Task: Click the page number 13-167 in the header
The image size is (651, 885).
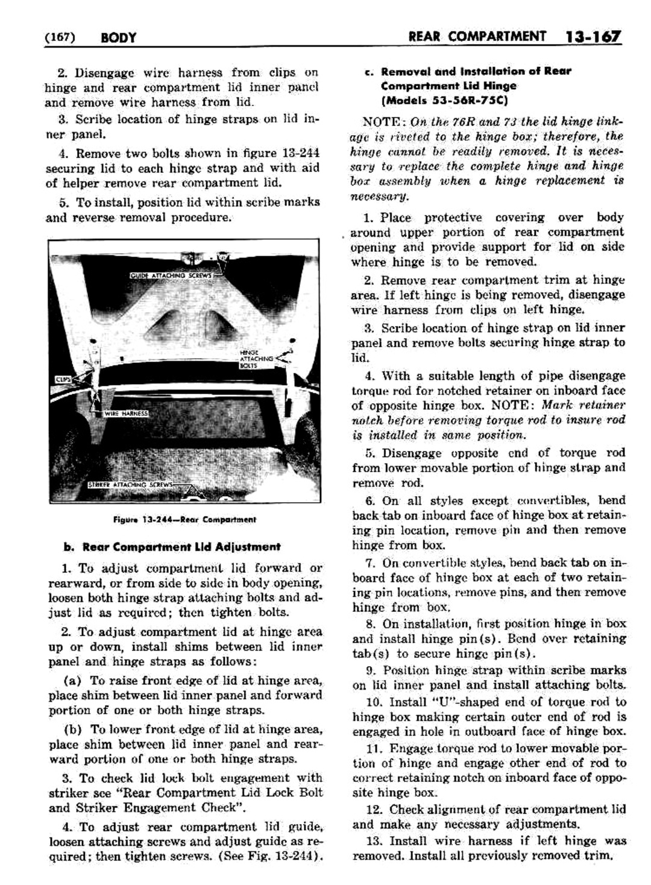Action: [x=593, y=37]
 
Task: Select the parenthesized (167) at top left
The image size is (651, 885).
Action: [x=59, y=38]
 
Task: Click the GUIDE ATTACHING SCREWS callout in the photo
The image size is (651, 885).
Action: [x=171, y=276]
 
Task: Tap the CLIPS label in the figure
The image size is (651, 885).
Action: [x=63, y=380]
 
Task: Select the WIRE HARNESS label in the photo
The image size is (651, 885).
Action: [x=126, y=414]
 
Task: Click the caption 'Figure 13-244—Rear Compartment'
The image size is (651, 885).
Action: [x=184, y=519]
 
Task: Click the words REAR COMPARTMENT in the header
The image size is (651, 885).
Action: [x=477, y=37]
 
